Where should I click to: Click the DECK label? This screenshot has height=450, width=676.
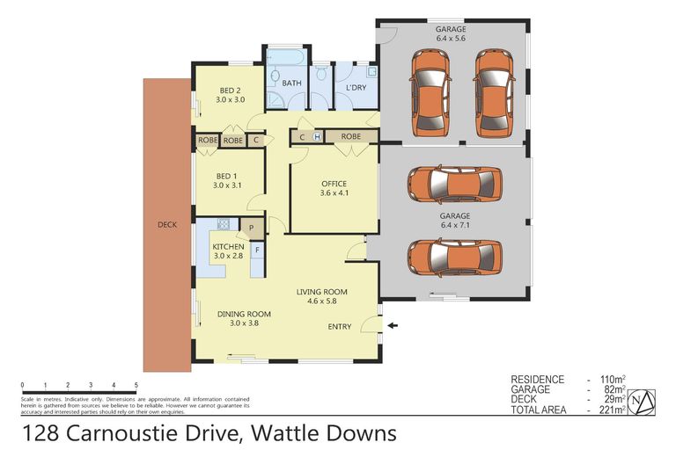pyautogui.click(x=166, y=225)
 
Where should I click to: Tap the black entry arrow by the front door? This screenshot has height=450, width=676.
pyautogui.click(x=392, y=326)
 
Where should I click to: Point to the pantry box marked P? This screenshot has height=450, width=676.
pyautogui.click(x=251, y=228)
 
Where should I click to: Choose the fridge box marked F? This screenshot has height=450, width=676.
pyautogui.click(x=257, y=250)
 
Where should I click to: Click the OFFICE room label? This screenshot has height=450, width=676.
pyautogui.click(x=334, y=183)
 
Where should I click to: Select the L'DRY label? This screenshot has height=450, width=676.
pyautogui.click(x=356, y=89)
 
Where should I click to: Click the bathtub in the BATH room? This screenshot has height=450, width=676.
pyautogui.click(x=284, y=59)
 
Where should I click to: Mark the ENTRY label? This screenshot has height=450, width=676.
pyautogui.click(x=340, y=327)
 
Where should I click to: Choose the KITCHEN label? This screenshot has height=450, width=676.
pyautogui.click(x=228, y=247)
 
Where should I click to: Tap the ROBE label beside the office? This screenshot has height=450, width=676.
pyautogui.click(x=351, y=136)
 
